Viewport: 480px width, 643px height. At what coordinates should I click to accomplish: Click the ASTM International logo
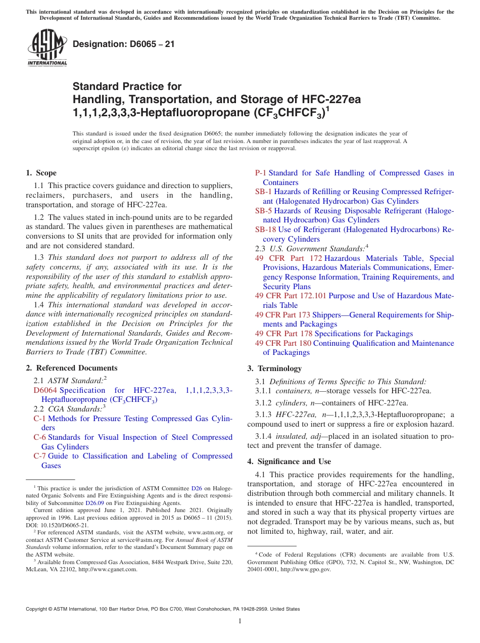(47, 48)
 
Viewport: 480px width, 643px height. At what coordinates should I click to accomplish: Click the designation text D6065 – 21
(124, 44)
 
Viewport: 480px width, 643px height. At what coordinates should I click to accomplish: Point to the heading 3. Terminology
(274, 368)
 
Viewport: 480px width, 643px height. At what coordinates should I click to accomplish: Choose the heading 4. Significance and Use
(289, 461)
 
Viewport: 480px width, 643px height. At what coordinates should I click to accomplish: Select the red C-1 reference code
(39, 419)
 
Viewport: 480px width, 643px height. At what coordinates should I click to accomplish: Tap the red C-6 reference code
(39, 437)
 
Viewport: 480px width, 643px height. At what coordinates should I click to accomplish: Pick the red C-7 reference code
(39, 456)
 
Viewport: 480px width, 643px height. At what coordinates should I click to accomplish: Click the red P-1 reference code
(261, 173)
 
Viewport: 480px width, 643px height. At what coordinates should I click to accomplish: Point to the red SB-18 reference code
(265, 229)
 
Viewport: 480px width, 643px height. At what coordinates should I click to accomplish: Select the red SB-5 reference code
(263, 211)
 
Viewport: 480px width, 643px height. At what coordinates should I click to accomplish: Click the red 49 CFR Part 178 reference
(283, 334)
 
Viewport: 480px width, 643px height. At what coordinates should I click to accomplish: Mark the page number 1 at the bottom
(240, 621)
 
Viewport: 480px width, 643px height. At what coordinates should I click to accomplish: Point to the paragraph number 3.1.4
(264, 436)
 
